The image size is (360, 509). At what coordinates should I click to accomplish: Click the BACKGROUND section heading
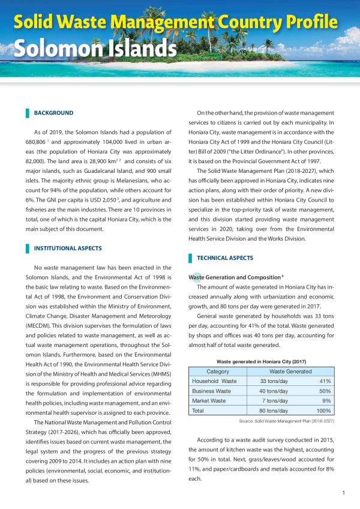coord(53,113)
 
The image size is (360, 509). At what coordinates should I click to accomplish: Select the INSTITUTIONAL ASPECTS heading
coord(68,248)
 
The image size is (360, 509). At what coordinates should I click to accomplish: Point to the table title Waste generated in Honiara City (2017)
coord(262,361)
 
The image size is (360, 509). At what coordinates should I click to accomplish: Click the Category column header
coord(218,372)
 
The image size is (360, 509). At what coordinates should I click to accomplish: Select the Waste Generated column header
coord(290,372)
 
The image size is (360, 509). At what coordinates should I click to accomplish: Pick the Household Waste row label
coord(214,381)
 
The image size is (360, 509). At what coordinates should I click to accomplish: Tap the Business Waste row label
coord(213,391)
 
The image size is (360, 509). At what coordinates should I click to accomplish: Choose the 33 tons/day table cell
coord(275,381)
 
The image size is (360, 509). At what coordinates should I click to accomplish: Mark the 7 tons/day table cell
coord(277,400)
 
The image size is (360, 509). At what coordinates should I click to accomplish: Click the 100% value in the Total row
coord(324,411)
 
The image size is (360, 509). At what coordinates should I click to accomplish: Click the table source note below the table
coord(286,421)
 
